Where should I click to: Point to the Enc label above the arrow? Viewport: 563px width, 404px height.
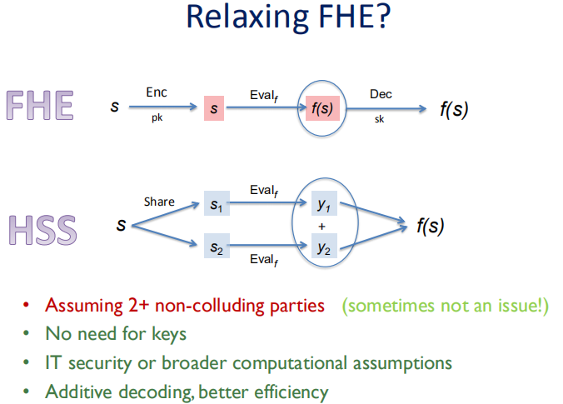click(x=157, y=92)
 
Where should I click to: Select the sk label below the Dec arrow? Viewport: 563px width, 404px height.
click(x=380, y=120)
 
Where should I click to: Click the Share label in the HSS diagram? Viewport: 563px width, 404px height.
click(x=159, y=201)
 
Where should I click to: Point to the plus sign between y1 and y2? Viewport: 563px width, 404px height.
click(x=321, y=226)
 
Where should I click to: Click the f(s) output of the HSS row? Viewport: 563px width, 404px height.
click(x=430, y=226)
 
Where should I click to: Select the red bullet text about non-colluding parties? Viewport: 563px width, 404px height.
click(x=185, y=306)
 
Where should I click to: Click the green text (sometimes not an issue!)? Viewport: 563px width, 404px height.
click(x=446, y=306)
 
